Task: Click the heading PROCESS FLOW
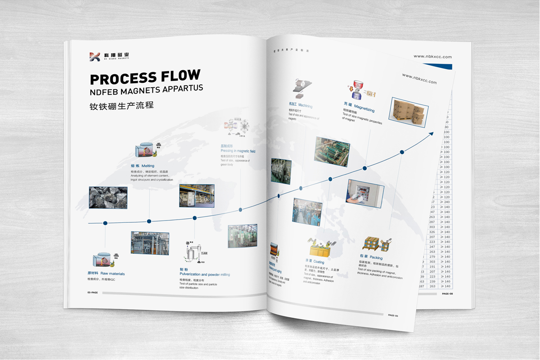pos(145,77)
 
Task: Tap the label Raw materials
pos(106,274)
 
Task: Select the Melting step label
pos(143,166)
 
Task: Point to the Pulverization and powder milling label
pos(205,274)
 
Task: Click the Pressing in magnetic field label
pos(238,151)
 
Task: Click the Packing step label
pos(371,257)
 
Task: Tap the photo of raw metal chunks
pos(108,198)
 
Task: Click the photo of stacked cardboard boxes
pos(408,112)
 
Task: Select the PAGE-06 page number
pos(393,315)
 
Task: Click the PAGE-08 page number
pos(450,293)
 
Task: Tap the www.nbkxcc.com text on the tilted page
pos(419,79)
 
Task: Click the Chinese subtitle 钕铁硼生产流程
pos(121,107)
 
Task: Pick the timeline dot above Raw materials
pos(105,223)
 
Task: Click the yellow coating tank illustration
pos(322,249)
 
